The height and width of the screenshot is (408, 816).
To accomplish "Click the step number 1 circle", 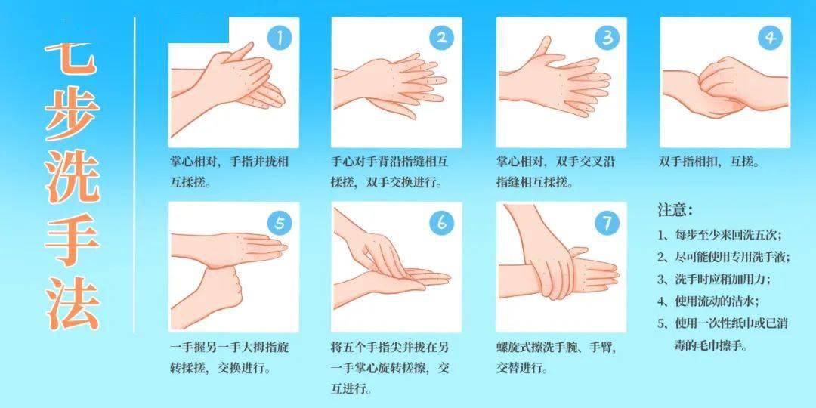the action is click(280, 38).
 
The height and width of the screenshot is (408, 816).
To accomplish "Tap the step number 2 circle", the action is click(441, 38).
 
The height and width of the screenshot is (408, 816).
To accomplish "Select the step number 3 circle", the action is click(607, 38).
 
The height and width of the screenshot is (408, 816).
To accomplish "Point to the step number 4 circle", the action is click(770, 38).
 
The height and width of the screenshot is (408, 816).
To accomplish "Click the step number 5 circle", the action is click(280, 223).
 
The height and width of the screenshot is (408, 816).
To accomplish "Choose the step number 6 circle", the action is click(441, 223).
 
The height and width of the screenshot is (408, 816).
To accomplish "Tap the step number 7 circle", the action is click(607, 223).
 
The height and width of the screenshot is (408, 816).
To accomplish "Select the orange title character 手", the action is click(72, 240).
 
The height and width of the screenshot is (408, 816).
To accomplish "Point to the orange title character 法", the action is click(72, 304).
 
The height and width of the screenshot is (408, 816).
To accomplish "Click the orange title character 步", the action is click(72, 113).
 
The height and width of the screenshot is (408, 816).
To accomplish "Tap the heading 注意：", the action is click(675, 210).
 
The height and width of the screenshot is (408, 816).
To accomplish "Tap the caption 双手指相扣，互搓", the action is click(709, 162).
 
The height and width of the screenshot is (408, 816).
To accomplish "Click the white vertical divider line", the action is click(134, 175).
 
